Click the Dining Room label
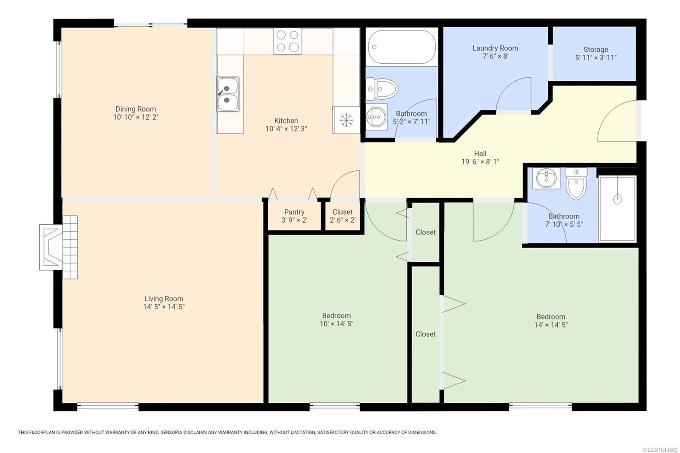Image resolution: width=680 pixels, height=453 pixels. (x=136, y=109)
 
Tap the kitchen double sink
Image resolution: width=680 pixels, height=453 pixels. (x=228, y=94)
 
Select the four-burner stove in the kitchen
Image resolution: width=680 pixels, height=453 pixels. (x=287, y=41)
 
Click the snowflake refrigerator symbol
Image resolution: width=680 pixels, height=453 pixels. (x=346, y=120)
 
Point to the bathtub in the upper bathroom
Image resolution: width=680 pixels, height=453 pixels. (x=402, y=47)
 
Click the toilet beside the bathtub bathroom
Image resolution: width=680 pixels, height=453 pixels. (x=382, y=89)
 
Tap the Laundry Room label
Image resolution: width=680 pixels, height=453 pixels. (x=495, y=48)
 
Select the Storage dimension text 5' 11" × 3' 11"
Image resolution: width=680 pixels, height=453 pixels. (x=595, y=58)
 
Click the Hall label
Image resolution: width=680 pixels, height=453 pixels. (x=480, y=154)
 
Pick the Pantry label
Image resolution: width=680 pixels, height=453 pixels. (x=294, y=212)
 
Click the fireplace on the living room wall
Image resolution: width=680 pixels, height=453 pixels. (x=58, y=247)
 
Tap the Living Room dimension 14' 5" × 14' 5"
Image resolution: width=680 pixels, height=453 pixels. (x=164, y=307)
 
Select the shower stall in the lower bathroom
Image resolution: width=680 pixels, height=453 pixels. (x=617, y=209)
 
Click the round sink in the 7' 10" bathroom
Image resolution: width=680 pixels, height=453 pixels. (x=546, y=178)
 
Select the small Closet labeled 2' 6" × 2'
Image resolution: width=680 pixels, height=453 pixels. (x=343, y=216)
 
